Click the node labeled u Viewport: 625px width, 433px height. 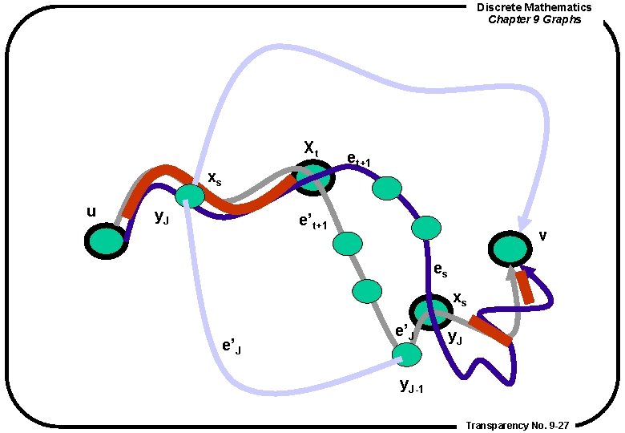pyautogui.click(x=106, y=240)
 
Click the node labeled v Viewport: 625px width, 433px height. pyautogui.click(x=510, y=249)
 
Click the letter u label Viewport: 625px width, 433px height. pyautogui.click(x=91, y=212)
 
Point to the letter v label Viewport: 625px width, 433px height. pyautogui.click(x=543, y=235)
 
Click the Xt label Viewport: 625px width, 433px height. pyautogui.click(x=311, y=148)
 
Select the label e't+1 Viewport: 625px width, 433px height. pyautogui.click(x=313, y=222)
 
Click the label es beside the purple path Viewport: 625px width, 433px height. pyautogui.click(x=440, y=270)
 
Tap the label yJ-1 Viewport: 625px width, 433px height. pyautogui.click(x=411, y=386)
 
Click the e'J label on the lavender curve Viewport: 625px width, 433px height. pyautogui.click(x=232, y=346)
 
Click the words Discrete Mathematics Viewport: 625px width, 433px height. pyautogui.click(x=534, y=7)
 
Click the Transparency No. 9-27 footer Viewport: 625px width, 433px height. pyautogui.click(x=517, y=425)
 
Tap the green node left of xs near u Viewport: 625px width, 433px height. pyautogui.click(x=190, y=196)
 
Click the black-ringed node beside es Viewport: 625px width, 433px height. pyautogui.click(x=429, y=313)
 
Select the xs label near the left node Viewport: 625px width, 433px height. pyautogui.click(x=215, y=178)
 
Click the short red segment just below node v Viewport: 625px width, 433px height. pyautogui.click(x=525, y=287)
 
